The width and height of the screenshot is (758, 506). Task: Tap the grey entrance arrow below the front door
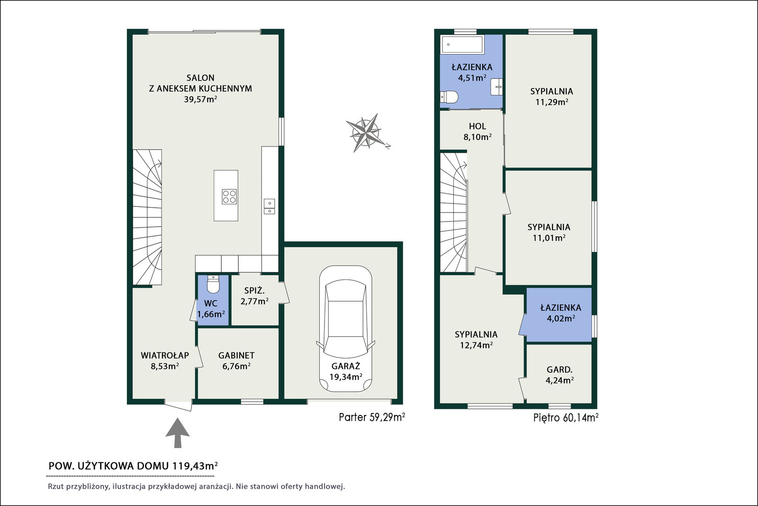[177, 433]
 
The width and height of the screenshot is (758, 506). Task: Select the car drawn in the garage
[345, 329]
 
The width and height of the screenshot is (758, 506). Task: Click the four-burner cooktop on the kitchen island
[229, 197]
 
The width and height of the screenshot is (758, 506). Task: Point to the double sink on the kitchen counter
[270, 206]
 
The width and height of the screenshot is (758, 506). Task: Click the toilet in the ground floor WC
[213, 284]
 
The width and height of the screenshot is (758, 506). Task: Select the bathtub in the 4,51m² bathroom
[462, 45]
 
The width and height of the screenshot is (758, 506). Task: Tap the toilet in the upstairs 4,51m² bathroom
[449, 97]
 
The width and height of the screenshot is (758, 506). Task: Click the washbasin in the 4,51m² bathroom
[496, 87]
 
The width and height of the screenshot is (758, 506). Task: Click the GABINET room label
[236, 355]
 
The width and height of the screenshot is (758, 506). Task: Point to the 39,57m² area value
[200, 99]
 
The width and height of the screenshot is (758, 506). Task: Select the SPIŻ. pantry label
[254, 290]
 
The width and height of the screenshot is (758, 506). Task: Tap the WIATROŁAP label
[165, 355]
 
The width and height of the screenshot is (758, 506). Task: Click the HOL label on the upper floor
[478, 126]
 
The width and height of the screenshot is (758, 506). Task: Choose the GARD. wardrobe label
[559, 369]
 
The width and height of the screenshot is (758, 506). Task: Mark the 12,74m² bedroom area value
[476, 345]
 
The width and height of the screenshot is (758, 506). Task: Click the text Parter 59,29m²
[372, 417]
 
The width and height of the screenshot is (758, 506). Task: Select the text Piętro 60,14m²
[566, 418]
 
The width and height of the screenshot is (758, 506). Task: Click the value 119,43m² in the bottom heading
[195, 466]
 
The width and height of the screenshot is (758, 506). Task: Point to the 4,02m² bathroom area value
[561, 318]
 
